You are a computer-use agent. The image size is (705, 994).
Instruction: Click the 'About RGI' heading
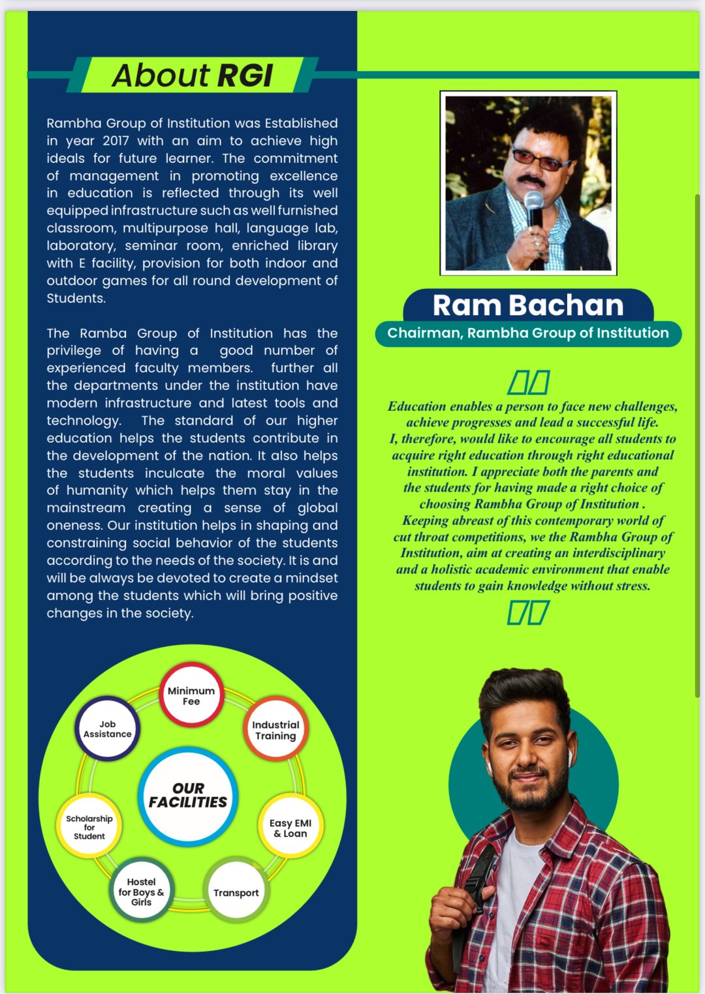[x=192, y=75]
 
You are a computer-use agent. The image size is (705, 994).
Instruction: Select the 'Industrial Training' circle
[x=275, y=730]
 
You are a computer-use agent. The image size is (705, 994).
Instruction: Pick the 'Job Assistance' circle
[x=108, y=729]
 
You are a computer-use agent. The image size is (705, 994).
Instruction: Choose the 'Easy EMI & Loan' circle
[x=290, y=828]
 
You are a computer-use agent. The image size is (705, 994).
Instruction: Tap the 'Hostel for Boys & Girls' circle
[x=141, y=892]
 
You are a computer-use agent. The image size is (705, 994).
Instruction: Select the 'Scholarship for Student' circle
[x=89, y=827]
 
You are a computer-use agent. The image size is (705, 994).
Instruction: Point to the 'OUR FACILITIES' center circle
[x=188, y=795]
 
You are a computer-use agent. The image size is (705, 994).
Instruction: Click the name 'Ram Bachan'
[x=528, y=305]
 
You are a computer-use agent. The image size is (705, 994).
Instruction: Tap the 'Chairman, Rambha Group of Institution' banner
[x=528, y=333]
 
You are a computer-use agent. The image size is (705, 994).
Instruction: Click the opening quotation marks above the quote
[x=529, y=382]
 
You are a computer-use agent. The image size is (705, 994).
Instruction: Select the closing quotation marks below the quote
[x=528, y=613]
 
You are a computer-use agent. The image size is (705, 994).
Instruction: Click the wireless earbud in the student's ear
[x=569, y=757]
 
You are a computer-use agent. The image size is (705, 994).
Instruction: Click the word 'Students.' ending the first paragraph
[x=76, y=299]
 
